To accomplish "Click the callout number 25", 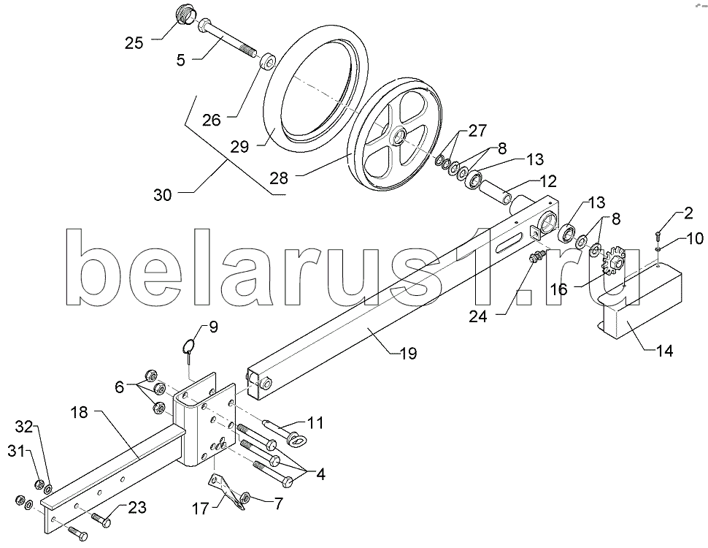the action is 134,43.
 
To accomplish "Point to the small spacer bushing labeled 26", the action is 268,61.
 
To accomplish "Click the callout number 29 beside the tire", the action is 239,146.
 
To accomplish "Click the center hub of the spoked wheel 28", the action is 397,136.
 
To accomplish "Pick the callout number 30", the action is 163,195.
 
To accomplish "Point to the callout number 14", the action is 663,351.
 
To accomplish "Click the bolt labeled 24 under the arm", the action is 536,256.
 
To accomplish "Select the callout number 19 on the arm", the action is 408,353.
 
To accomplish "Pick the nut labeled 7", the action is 246,497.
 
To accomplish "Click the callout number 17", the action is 201,509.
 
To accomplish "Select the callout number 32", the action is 26,427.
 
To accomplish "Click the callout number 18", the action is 80,412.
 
